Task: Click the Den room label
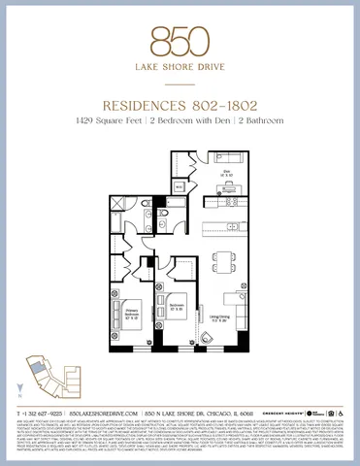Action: [223, 173]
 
